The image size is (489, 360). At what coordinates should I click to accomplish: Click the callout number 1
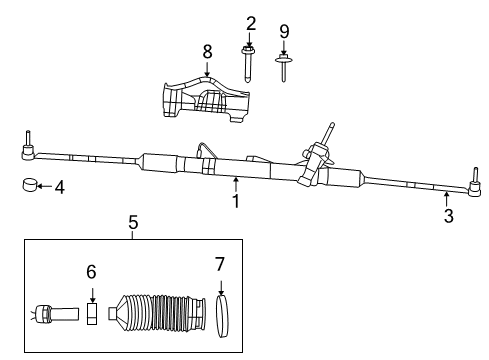[x=236, y=201]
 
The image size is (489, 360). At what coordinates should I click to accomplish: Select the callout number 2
[x=251, y=24]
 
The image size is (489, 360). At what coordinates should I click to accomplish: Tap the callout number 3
[x=449, y=216]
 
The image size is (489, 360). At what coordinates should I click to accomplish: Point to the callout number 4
[x=60, y=187]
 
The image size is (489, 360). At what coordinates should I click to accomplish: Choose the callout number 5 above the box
[x=133, y=222]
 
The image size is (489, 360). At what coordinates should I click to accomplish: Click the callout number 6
[x=91, y=272]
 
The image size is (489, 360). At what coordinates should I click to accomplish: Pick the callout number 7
[x=220, y=264]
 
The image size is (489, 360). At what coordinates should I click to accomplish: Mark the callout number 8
[x=207, y=52]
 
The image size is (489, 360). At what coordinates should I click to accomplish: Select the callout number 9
[x=284, y=32]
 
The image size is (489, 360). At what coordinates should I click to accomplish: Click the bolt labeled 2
[x=247, y=64]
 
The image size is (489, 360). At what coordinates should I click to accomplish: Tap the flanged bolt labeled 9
[x=283, y=68]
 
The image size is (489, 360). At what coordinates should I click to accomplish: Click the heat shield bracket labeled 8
[x=206, y=99]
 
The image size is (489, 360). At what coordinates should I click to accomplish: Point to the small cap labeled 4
[x=29, y=185]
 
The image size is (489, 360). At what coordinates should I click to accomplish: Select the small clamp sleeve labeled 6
[x=92, y=314]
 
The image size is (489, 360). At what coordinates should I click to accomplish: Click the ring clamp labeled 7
[x=222, y=316]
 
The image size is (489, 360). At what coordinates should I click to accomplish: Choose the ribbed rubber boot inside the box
[x=157, y=313]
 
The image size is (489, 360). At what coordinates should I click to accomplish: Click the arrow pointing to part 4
[x=44, y=186]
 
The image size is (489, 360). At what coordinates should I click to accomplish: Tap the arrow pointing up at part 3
[x=446, y=199]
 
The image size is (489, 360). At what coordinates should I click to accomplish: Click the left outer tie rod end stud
[x=28, y=138]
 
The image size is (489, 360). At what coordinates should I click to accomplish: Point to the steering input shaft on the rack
[x=328, y=133]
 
